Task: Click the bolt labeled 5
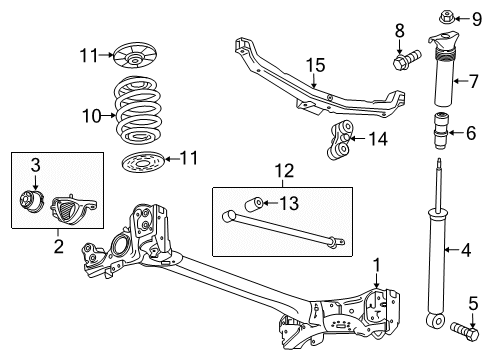(465, 327)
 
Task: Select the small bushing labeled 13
(256, 205)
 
